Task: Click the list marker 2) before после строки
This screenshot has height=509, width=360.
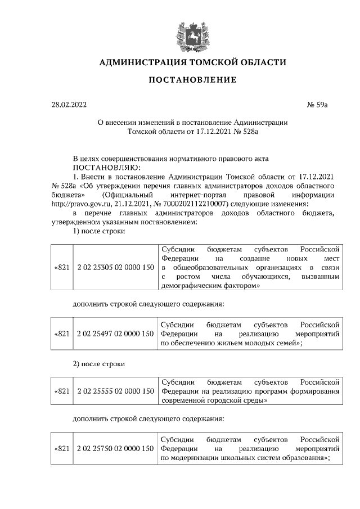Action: [78, 363]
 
